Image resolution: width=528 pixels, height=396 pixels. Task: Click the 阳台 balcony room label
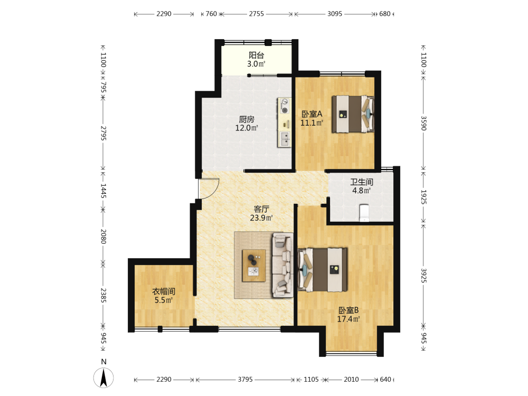click(256, 55)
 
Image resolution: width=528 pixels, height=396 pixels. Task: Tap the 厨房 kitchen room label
click(247, 119)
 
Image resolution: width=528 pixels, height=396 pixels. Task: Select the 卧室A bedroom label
click(312, 114)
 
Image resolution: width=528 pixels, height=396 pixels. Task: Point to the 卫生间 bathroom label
click(362, 182)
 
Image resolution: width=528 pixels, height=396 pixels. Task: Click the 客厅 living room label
click(261, 209)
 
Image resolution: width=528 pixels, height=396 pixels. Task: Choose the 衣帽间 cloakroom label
click(164, 291)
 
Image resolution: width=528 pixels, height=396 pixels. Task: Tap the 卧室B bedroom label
click(348, 310)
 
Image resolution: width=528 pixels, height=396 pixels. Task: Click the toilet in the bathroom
click(364, 213)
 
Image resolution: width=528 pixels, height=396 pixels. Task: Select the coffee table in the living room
click(254, 266)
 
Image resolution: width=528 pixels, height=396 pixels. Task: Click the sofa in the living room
click(282, 265)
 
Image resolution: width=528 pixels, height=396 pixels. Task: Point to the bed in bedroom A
click(353, 114)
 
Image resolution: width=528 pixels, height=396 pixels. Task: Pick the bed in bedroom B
click(323, 270)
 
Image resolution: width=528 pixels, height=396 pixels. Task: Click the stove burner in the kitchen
click(285, 110)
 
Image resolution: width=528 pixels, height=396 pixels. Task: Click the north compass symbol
click(103, 378)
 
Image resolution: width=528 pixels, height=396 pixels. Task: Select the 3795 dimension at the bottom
click(245, 380)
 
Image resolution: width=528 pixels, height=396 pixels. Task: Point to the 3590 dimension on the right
click(423, 123)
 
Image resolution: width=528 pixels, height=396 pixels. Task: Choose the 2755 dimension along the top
click(256, 14)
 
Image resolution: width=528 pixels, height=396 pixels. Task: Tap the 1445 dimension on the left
click(103, 191)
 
